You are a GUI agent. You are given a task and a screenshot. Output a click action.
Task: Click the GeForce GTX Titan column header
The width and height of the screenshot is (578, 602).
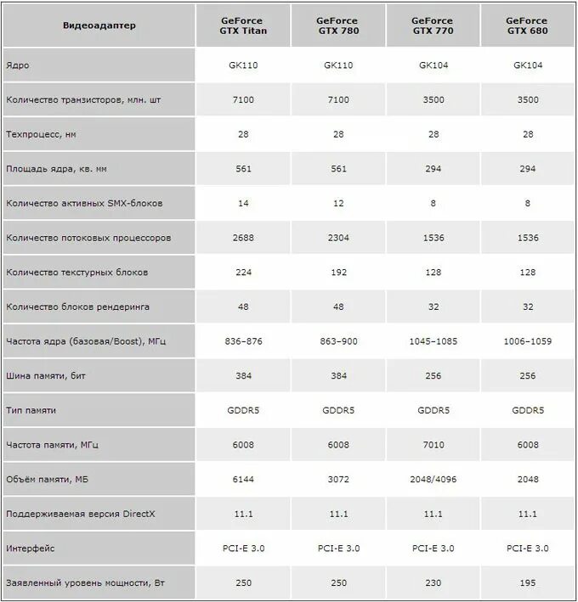[x=244, y=25]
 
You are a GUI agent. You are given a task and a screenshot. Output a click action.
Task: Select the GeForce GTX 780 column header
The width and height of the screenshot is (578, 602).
[x=338, y=25]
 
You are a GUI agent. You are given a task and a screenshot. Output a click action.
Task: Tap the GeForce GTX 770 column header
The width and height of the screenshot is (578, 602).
[x=433, y=25]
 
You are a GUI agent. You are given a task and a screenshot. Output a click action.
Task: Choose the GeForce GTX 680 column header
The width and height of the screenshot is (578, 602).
[x=527, y=25]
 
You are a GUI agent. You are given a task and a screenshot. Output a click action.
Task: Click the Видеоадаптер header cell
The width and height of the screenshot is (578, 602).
[x=99, y=25]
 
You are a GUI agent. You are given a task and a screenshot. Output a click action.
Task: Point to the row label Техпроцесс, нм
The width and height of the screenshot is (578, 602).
[x=47, y=134]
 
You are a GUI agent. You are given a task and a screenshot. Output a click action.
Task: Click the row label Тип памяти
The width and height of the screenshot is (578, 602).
[x=31, y=410]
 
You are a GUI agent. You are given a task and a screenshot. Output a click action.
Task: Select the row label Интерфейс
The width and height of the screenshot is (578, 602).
[x=31, y=549]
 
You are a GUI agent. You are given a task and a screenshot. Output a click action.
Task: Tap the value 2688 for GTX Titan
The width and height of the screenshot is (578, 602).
[x=244, y=238]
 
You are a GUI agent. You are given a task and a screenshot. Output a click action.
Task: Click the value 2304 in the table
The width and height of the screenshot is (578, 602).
[x=338, y=238]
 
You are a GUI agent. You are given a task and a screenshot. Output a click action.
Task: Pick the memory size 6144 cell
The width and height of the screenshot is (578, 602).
[x=244, y=480]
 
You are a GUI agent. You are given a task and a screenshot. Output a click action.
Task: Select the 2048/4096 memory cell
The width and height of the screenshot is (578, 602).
[x=433, y=480]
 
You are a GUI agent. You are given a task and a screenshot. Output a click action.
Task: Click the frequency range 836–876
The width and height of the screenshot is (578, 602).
[x=244, y=341]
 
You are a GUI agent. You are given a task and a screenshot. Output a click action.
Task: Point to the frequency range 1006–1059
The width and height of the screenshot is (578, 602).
[x=527, y=341]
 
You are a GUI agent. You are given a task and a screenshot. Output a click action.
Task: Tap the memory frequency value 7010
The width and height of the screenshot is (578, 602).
[x=433, y=445]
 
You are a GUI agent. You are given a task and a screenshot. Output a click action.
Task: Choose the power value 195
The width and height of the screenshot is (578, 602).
[x=527, y=583]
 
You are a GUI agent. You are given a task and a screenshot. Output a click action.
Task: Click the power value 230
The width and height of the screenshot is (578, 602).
[x=433, y=583]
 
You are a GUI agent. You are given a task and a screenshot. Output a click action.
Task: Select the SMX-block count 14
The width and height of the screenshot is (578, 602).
[x=244, y=203]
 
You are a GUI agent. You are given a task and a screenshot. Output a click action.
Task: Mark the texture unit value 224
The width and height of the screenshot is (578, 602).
[x=244, y=273]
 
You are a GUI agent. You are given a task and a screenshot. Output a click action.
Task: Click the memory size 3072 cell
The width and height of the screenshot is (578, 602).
[x=338, y=480]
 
